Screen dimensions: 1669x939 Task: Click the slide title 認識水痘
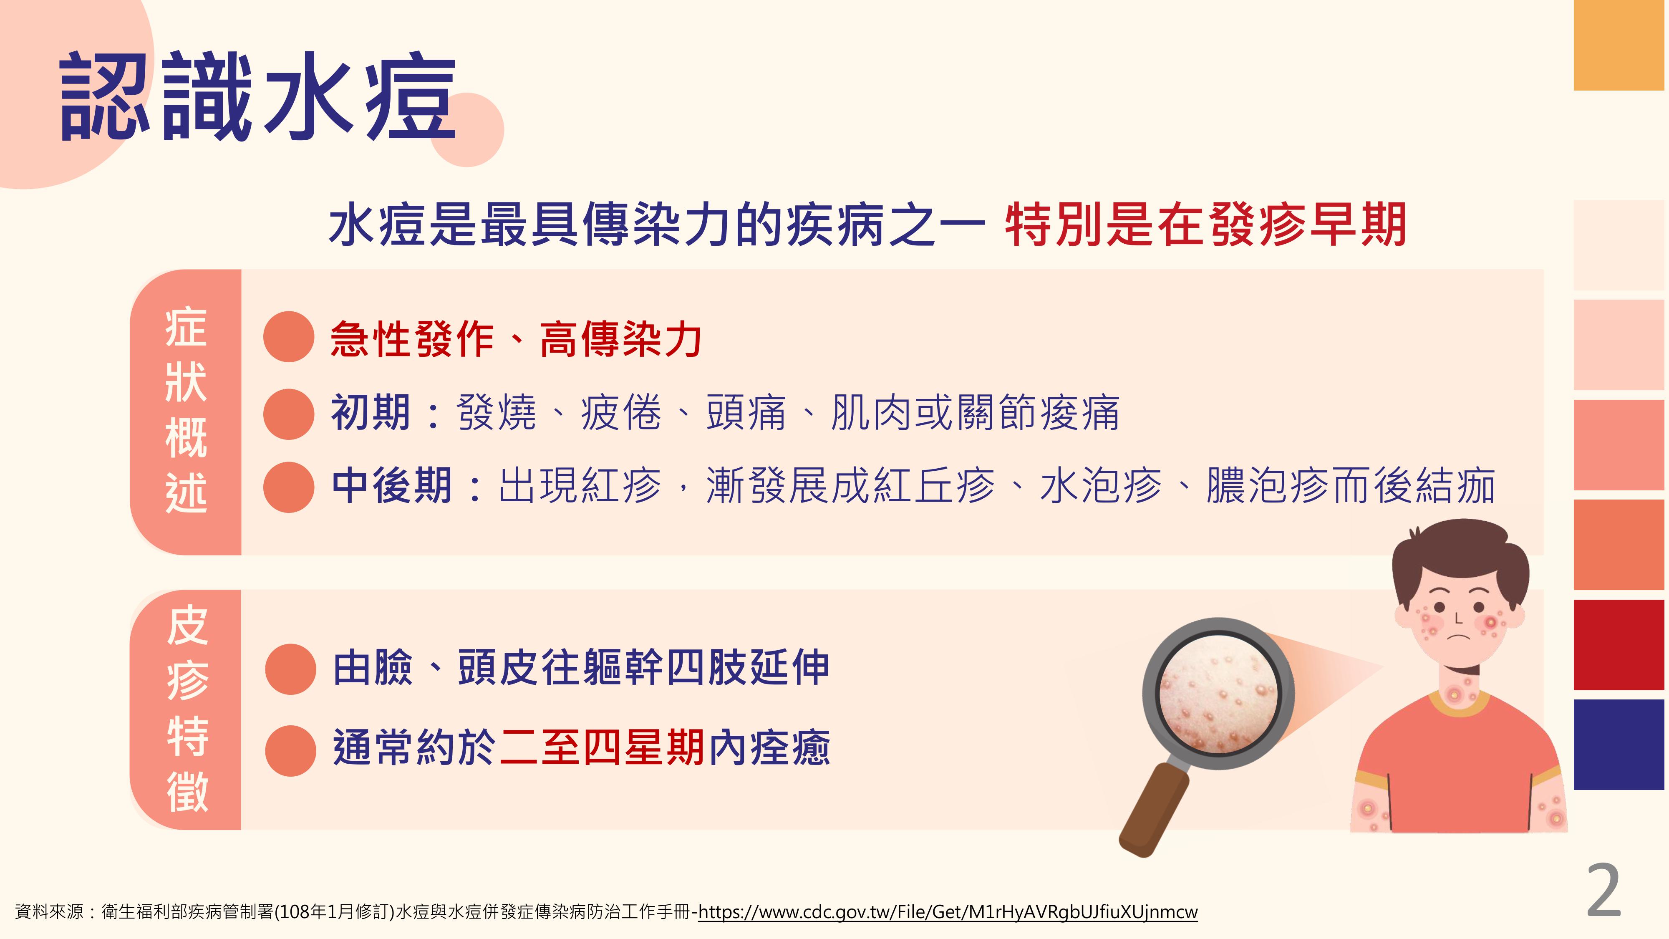[258, 97]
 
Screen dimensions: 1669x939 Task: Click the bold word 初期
[371, 413]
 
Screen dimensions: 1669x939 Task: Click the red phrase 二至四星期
[602, 747]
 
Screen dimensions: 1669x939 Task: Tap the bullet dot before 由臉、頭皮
[291, 669]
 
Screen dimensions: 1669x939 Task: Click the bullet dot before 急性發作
[289, 336]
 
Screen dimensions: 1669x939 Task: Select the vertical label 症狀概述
[186, 411]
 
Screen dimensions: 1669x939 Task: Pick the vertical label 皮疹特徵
[187, 709]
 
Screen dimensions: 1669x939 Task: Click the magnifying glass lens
[1218, 693]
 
